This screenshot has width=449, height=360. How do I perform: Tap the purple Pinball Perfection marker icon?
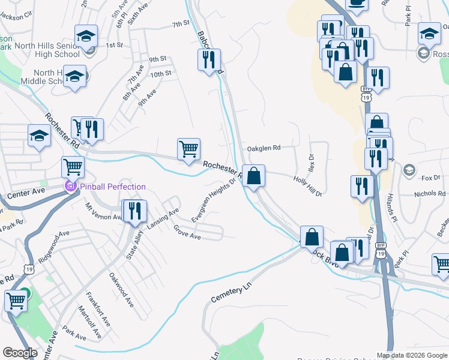[x=70, y=187]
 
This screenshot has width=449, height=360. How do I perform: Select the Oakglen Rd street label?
[x=264, y=148]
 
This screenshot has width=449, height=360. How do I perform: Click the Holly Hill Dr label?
[x=308, y=186]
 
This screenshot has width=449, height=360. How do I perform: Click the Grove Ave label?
[x=187, y=232]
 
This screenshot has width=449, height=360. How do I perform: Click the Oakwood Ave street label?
[x=121, y=290]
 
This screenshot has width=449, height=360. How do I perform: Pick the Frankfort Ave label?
[x=98, y=310]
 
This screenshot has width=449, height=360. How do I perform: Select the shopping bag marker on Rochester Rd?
[x=254, y=176]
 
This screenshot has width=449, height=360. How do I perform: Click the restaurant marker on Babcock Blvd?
[x=209, y=59]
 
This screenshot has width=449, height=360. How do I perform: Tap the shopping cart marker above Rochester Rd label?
[x=189, y=149]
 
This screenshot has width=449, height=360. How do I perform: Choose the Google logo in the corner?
[x=20, y=353]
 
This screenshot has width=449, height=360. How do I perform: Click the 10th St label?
[x=161, y=74]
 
